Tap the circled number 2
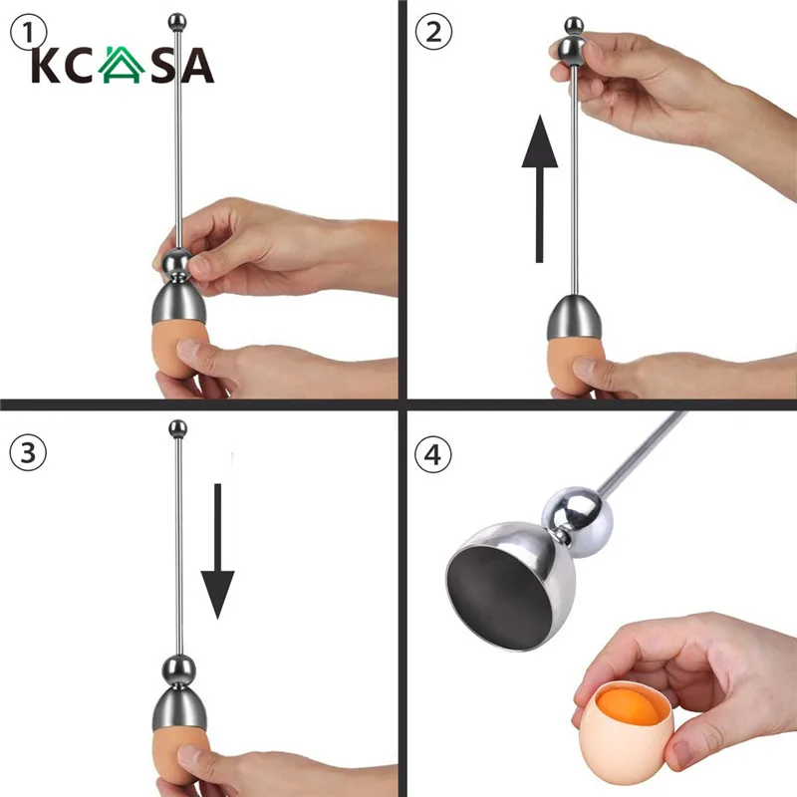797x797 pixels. click(x=432, y=33)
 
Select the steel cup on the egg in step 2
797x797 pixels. click(x=575, y=320)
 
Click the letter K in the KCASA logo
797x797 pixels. click(x=45, y=66)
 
